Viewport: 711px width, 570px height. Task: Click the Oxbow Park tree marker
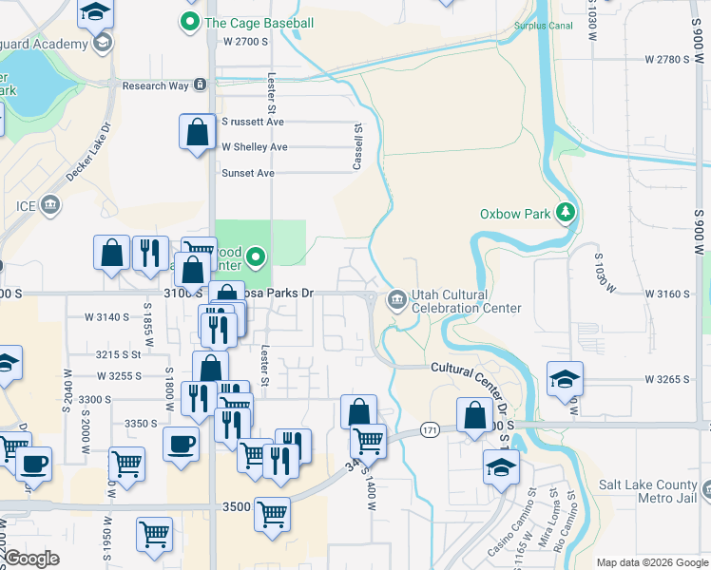(x=567, y=211)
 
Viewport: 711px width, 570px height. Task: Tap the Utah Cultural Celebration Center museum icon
(x=396, y=301)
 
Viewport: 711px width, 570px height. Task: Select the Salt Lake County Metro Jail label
(x=649, y=491)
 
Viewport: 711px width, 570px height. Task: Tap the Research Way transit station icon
(x=201, y=85)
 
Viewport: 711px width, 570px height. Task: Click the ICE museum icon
(x=50, y=203)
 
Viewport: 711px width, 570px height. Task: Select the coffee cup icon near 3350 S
(x=181, y=444)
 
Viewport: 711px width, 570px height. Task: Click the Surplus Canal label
(x=543, y=26)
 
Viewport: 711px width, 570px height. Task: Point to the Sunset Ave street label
(x=248, y=173)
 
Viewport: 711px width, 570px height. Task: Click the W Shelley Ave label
(x=254, y=147)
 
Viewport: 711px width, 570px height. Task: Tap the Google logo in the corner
(x=31, y=558)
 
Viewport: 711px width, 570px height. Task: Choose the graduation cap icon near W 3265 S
(x=565, y=378)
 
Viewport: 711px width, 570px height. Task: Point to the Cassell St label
(x=358, y=146)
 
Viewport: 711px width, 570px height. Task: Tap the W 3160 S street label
(x=666, y=294)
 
